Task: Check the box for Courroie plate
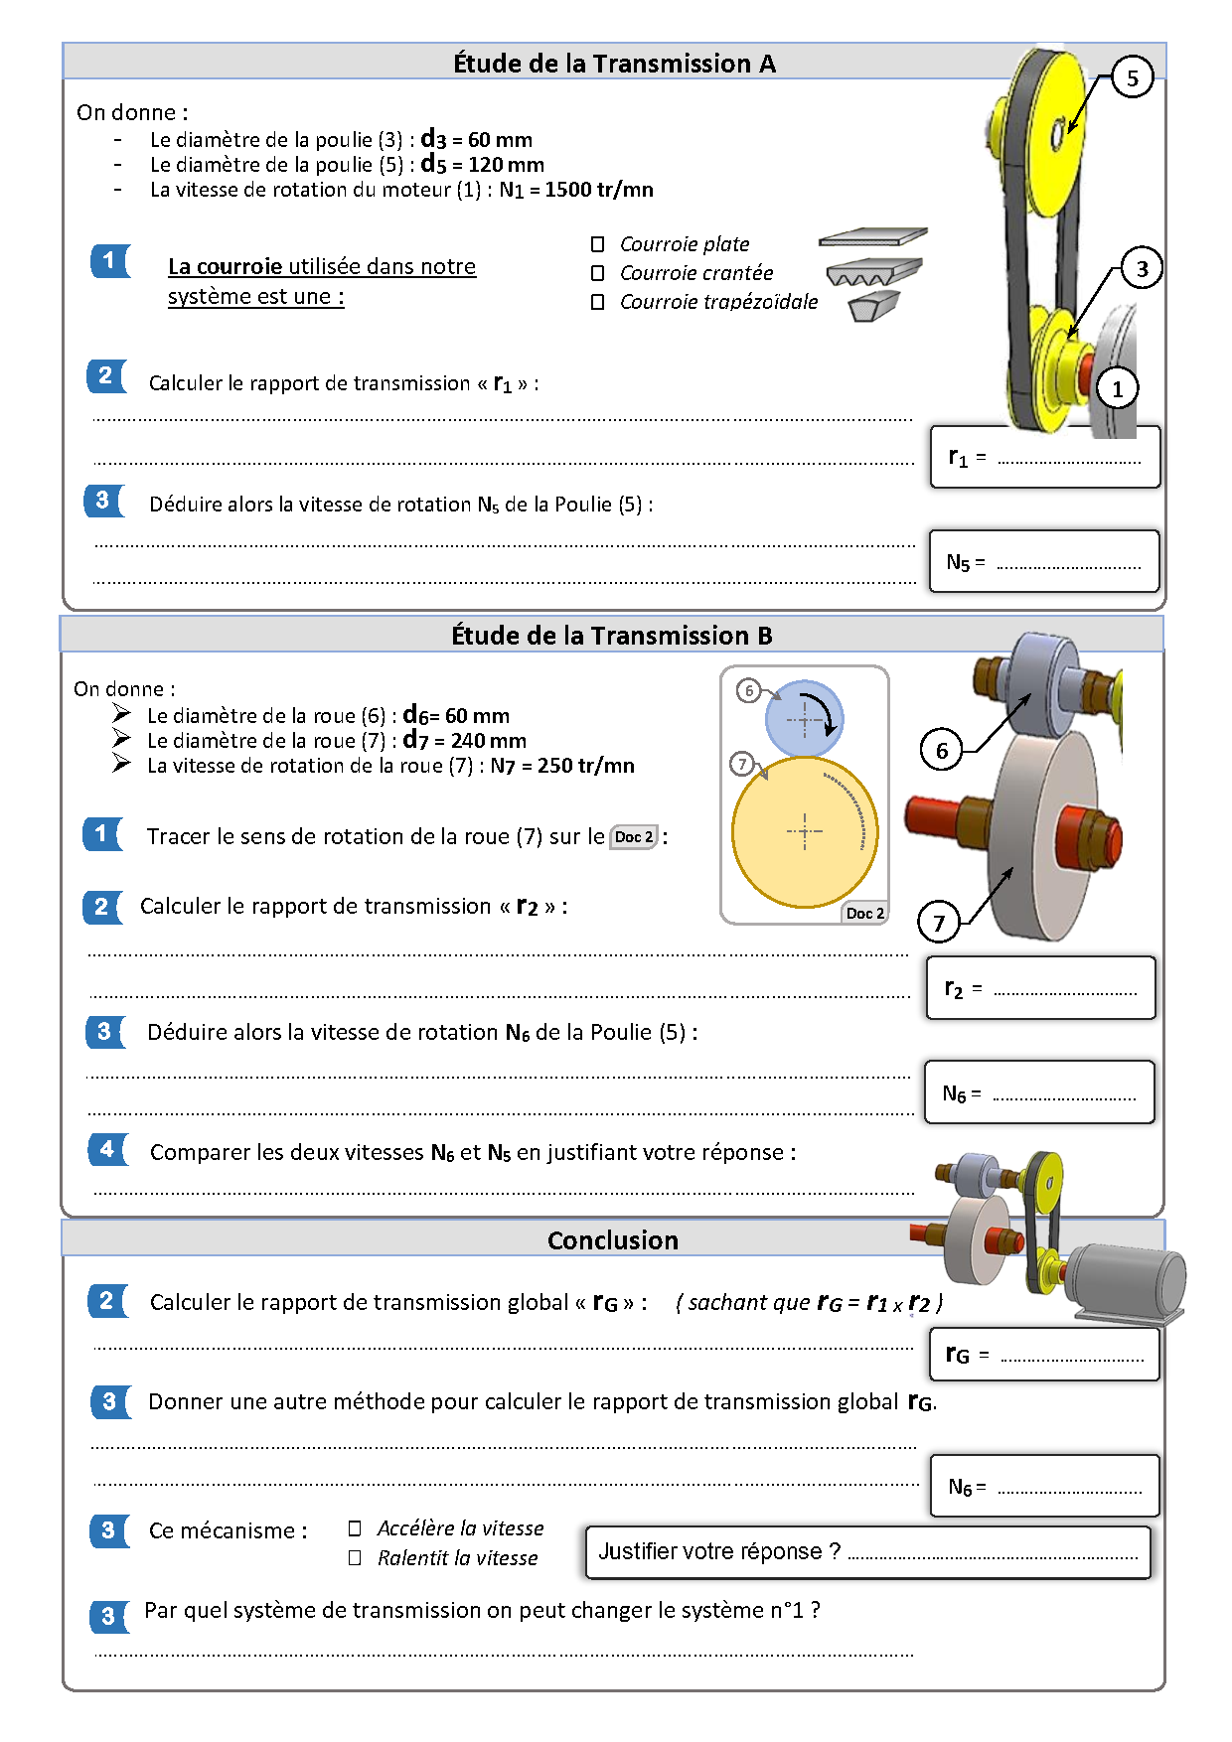click(597, 244)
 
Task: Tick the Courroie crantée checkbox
click(597, 273)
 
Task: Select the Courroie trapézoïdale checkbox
click(597, 302)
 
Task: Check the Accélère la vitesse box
click(355, 1528)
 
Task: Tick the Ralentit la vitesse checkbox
click(355, 1558)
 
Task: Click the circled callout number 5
click(1132, 77)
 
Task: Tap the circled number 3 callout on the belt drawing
click(1142, 268)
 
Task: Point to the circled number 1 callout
click(1117, 388)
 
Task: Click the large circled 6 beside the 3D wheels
click(941, 750)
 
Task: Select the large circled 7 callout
click(939, 923)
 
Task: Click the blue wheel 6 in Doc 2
click(804, 718)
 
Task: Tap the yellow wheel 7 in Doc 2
click(805, 832)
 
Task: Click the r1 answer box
click(1045, 458)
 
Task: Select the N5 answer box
click(1044, 562)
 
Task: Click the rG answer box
click(1044, 1354)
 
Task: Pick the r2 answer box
click(1041, 988)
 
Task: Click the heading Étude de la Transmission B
click(612, 636)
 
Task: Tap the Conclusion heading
click(613, 1240)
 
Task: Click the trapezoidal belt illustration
click(873, 306)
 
